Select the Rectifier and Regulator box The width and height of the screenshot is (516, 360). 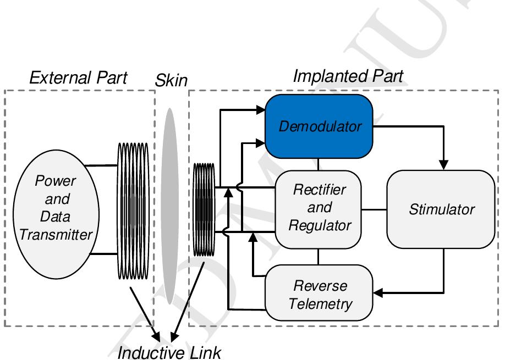tap(319, 209)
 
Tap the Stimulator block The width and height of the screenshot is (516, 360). tap(442, 209)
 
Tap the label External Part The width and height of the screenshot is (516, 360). tap(78, 78)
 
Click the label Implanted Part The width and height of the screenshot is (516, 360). tap(348, 77)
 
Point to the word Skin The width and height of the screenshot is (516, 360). tap(170, 81)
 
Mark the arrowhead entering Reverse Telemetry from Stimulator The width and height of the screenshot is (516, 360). tap(377, 292)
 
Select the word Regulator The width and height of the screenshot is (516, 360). tap(319, 225)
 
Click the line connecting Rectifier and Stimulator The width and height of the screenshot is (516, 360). tap(374, 209)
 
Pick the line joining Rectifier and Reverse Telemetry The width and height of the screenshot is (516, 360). tap(319, 257)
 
